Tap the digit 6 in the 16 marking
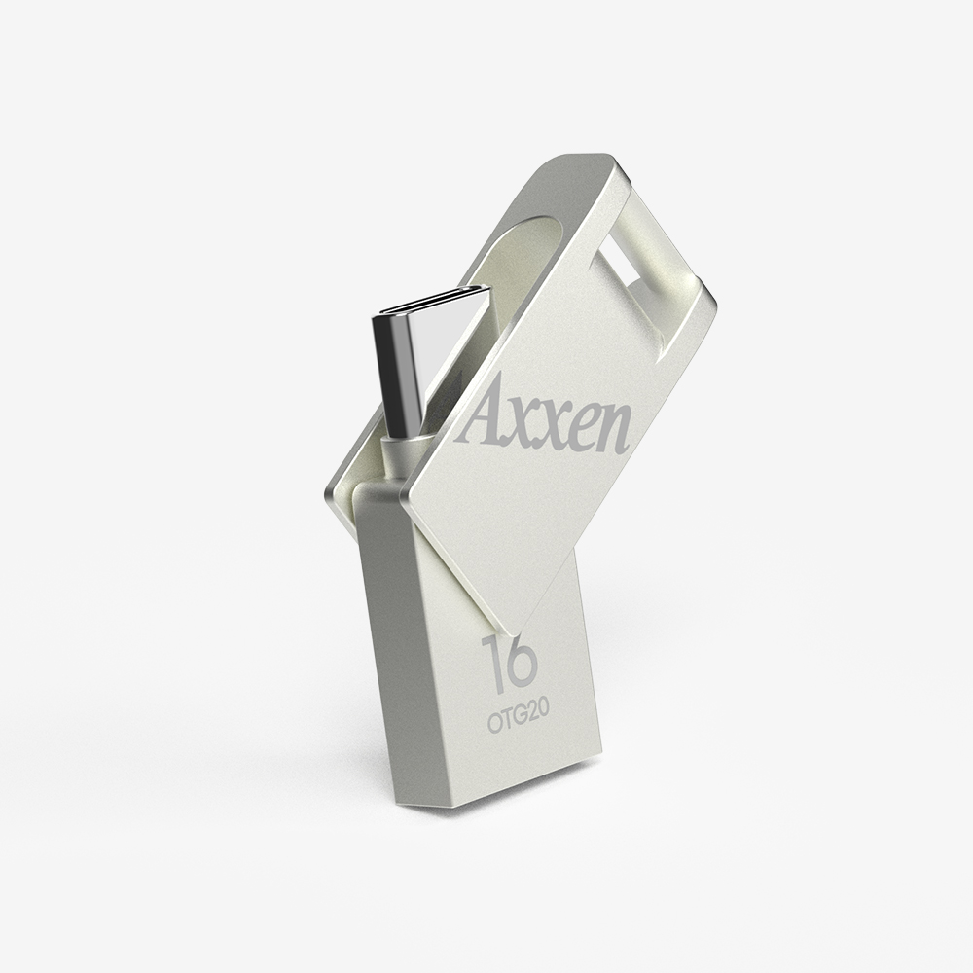tap(519, 665)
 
